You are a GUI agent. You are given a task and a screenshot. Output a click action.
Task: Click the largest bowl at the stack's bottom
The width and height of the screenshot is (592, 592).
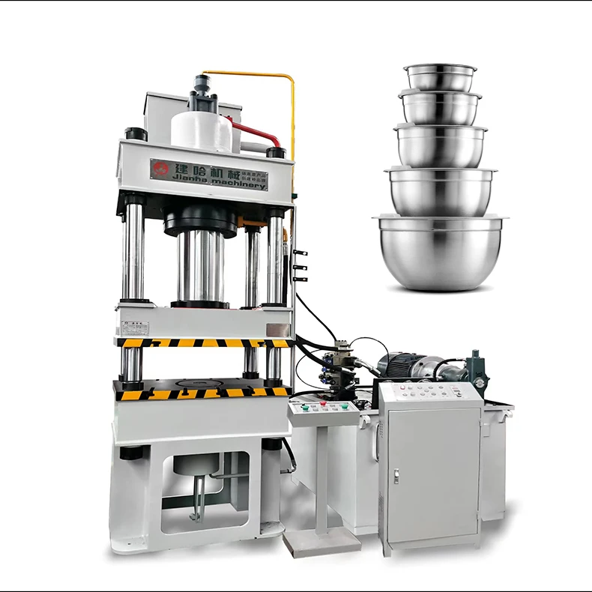[x=439, y=253]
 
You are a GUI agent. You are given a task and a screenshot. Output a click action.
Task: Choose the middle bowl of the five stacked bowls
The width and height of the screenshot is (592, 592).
[x=441, y=145]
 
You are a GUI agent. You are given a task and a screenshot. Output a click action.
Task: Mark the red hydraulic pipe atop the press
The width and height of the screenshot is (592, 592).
[x=257, y=133]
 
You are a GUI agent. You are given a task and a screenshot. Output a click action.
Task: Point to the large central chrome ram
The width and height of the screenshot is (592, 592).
[x=200, y=266]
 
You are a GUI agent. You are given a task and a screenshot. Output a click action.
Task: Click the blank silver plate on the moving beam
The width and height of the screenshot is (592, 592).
[x=277, y=329]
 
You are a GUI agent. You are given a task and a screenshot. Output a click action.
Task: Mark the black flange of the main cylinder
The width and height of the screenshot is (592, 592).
[x=200, y=220]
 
